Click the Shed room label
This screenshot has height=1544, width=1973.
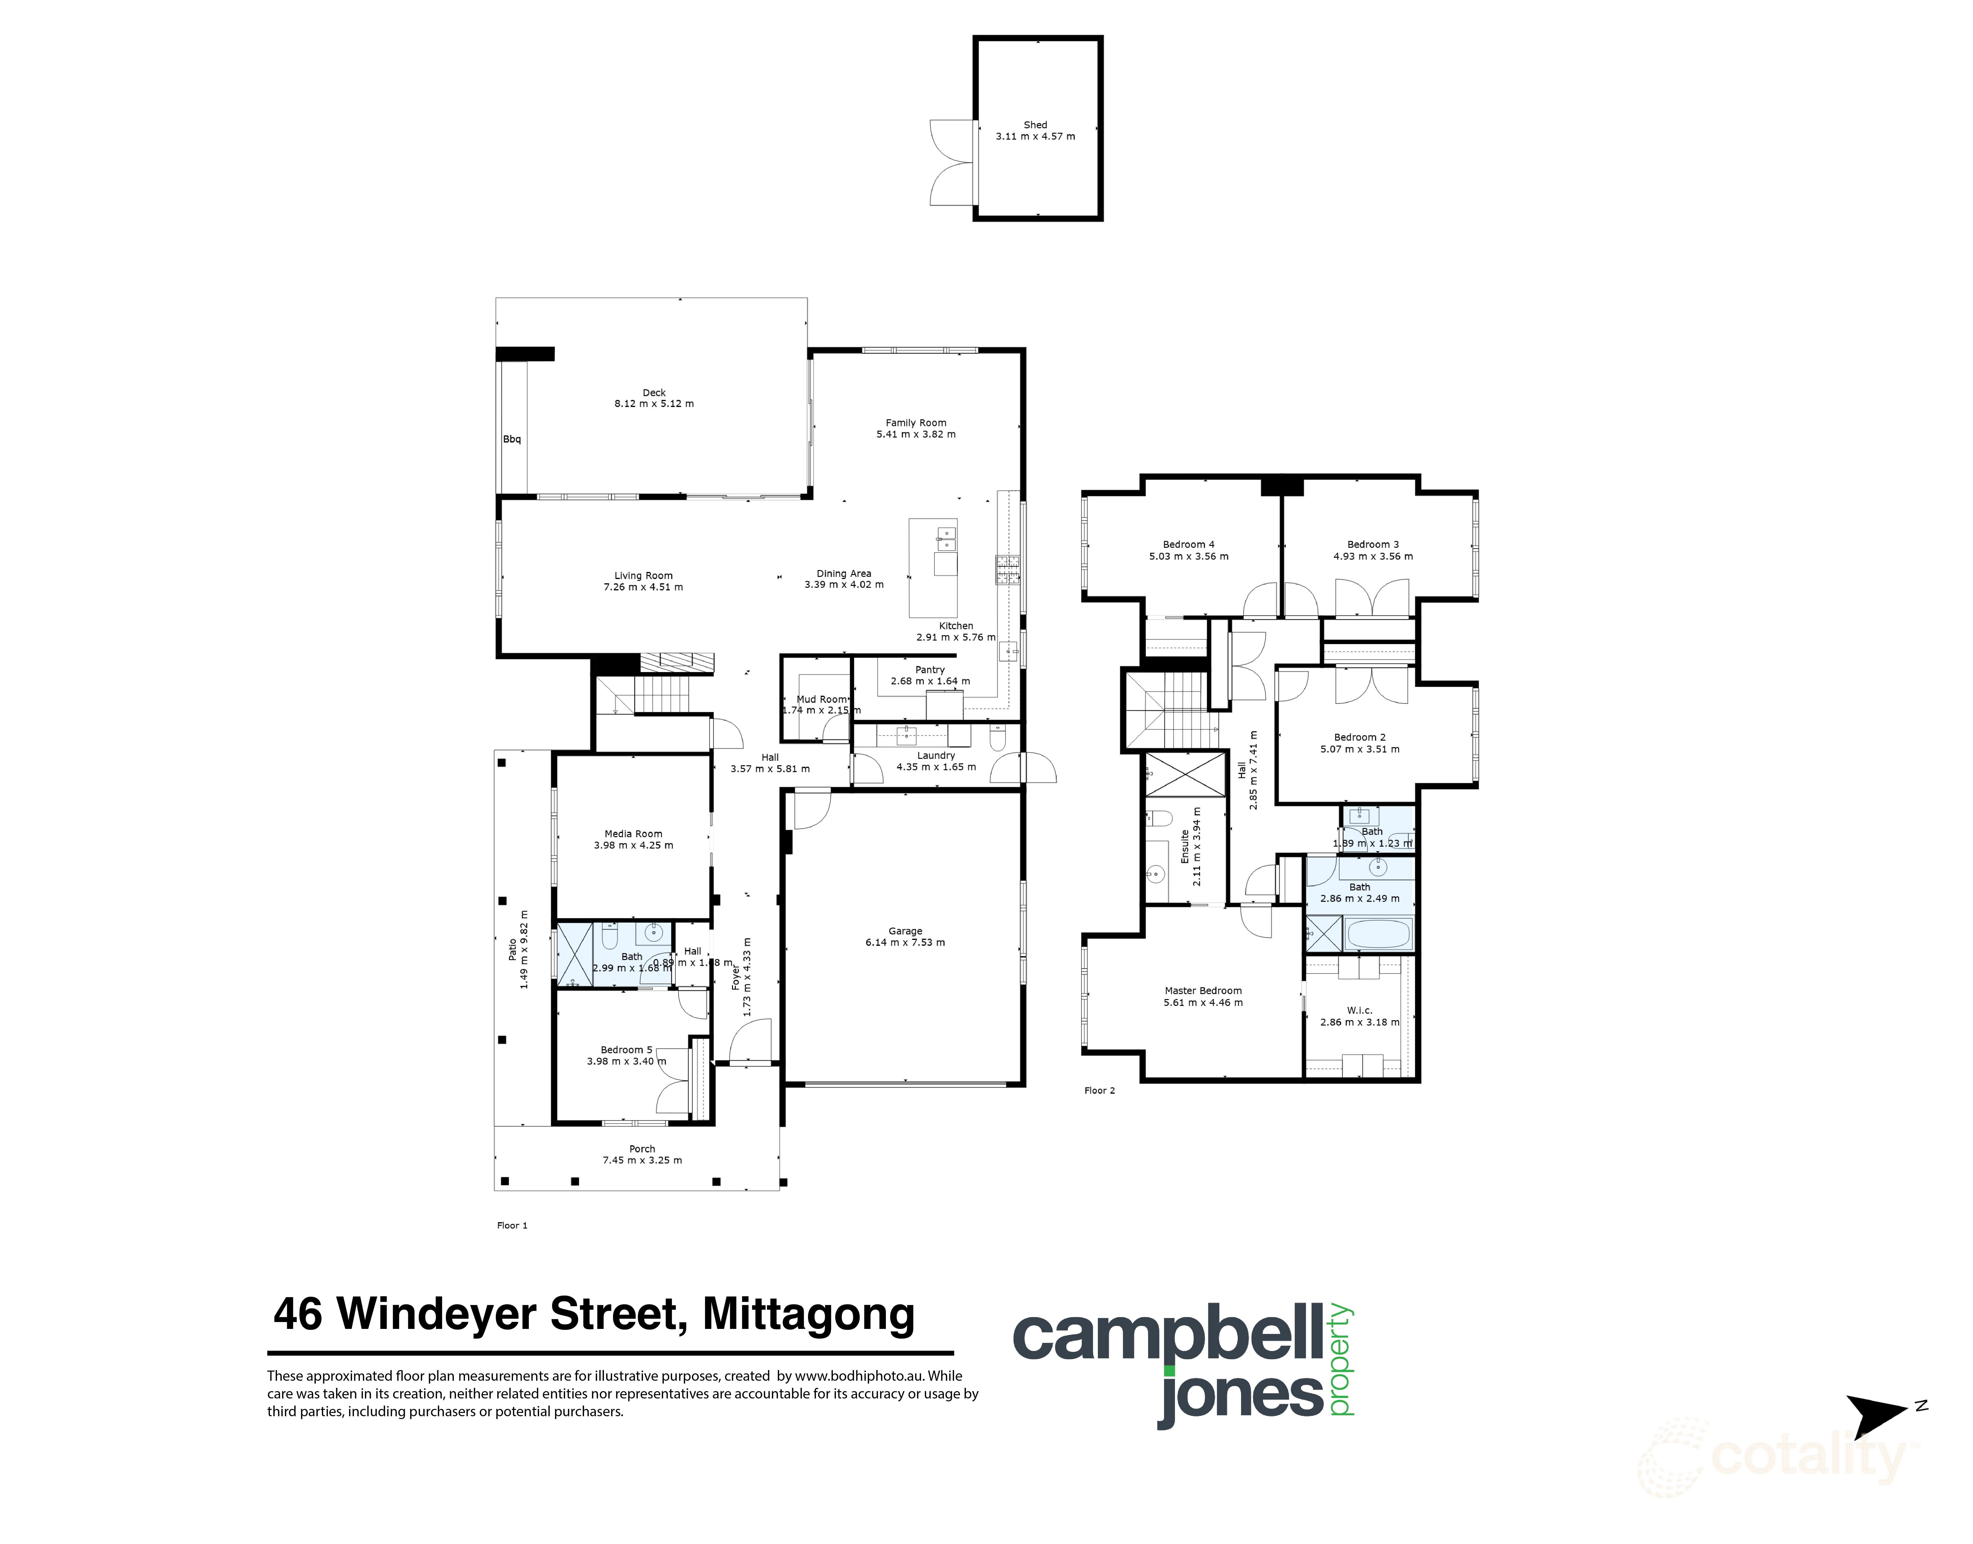tap(1035, 125)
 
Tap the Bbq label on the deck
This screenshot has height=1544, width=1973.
tap(512, 439)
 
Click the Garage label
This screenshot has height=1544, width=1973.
tap(905, 930)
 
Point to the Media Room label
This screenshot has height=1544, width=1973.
tap(633, 833)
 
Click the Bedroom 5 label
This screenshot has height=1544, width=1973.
tap(626, 1049)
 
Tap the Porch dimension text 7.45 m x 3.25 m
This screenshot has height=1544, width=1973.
tap(642, 1160)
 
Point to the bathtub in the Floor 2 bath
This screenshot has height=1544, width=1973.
tap(1377, 933)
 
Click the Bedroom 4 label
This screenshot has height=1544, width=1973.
tap(1188, 544)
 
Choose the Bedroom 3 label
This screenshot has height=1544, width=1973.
tap(1373, 544)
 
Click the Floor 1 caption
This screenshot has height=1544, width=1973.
tap(512, 1225)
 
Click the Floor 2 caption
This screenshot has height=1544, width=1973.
tap(1099, 1090)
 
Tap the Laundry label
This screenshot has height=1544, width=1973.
tap(936, 755)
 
